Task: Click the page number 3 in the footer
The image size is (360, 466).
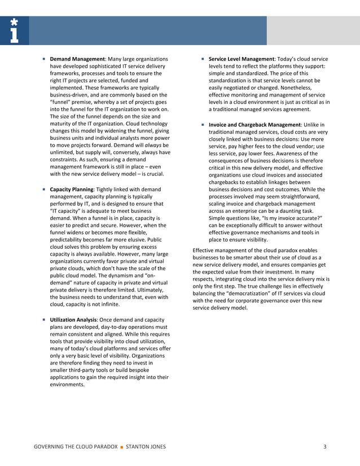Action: tap(325, 447)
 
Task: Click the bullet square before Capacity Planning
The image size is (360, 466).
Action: tap(43, 189)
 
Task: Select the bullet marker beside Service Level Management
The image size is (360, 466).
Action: tap(201, 59)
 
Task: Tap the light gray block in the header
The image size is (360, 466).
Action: tap(313, 30)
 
